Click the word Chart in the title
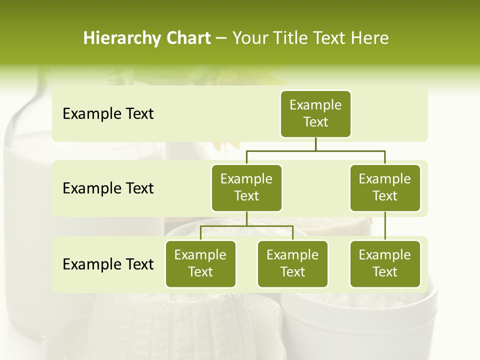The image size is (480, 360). pyautogui.click(x=188, y=38)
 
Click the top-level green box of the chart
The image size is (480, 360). pyautogui.click(x=315, y=113)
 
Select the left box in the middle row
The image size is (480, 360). pyautogui.click(x=246, y=187)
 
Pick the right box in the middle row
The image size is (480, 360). pyautogui.click(x=385, y=187)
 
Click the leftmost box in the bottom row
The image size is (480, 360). pyautogui.click(x=200, y=263)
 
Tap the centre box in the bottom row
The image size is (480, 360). pyautogui.click(x=292, y=263)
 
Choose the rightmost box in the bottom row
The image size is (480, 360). pyautogui.click(x=385, y=263)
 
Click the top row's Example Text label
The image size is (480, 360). pyautogui.click(x=108, y=113)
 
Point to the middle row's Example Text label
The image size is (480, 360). pyautogui.click(x=108, y=188)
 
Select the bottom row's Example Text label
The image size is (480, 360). pyautogui.click(x=108, y=264)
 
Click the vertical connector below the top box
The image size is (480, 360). pyautogui.click(x=315, y=144)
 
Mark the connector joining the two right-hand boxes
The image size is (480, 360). pyautogui.click(x=385, y=226)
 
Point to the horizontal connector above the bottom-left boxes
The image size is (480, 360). pyautogui.click(x=246, y=226)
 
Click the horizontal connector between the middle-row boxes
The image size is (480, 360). pyautogui.click(x=315, y=150)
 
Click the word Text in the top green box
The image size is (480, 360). pyautogui.click(x=315, y=122)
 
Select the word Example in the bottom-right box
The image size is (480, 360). pyautogui.click(x=385, y=255)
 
